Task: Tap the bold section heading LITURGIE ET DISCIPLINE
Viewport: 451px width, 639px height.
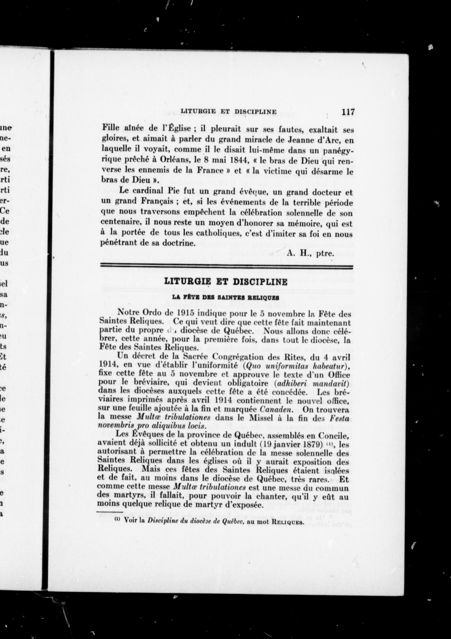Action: click(x=226, y=282)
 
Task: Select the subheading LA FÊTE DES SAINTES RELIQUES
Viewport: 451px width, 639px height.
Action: click(x=225, y=297)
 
